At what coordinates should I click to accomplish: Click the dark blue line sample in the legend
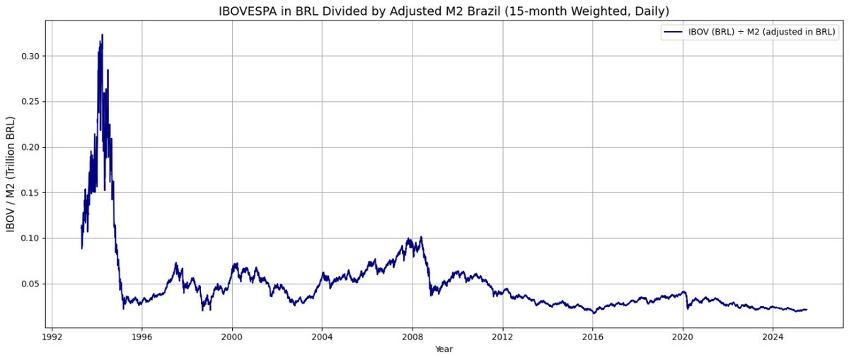(x=672, y=33)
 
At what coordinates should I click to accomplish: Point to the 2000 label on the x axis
(x=232, y=338)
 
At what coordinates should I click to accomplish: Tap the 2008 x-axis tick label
(x=412, y=338)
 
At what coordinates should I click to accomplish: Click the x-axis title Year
(x=443, y=349)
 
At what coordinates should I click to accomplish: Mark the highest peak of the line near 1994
(x=102, y=35)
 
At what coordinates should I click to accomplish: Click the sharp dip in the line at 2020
(x=687, y=308)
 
